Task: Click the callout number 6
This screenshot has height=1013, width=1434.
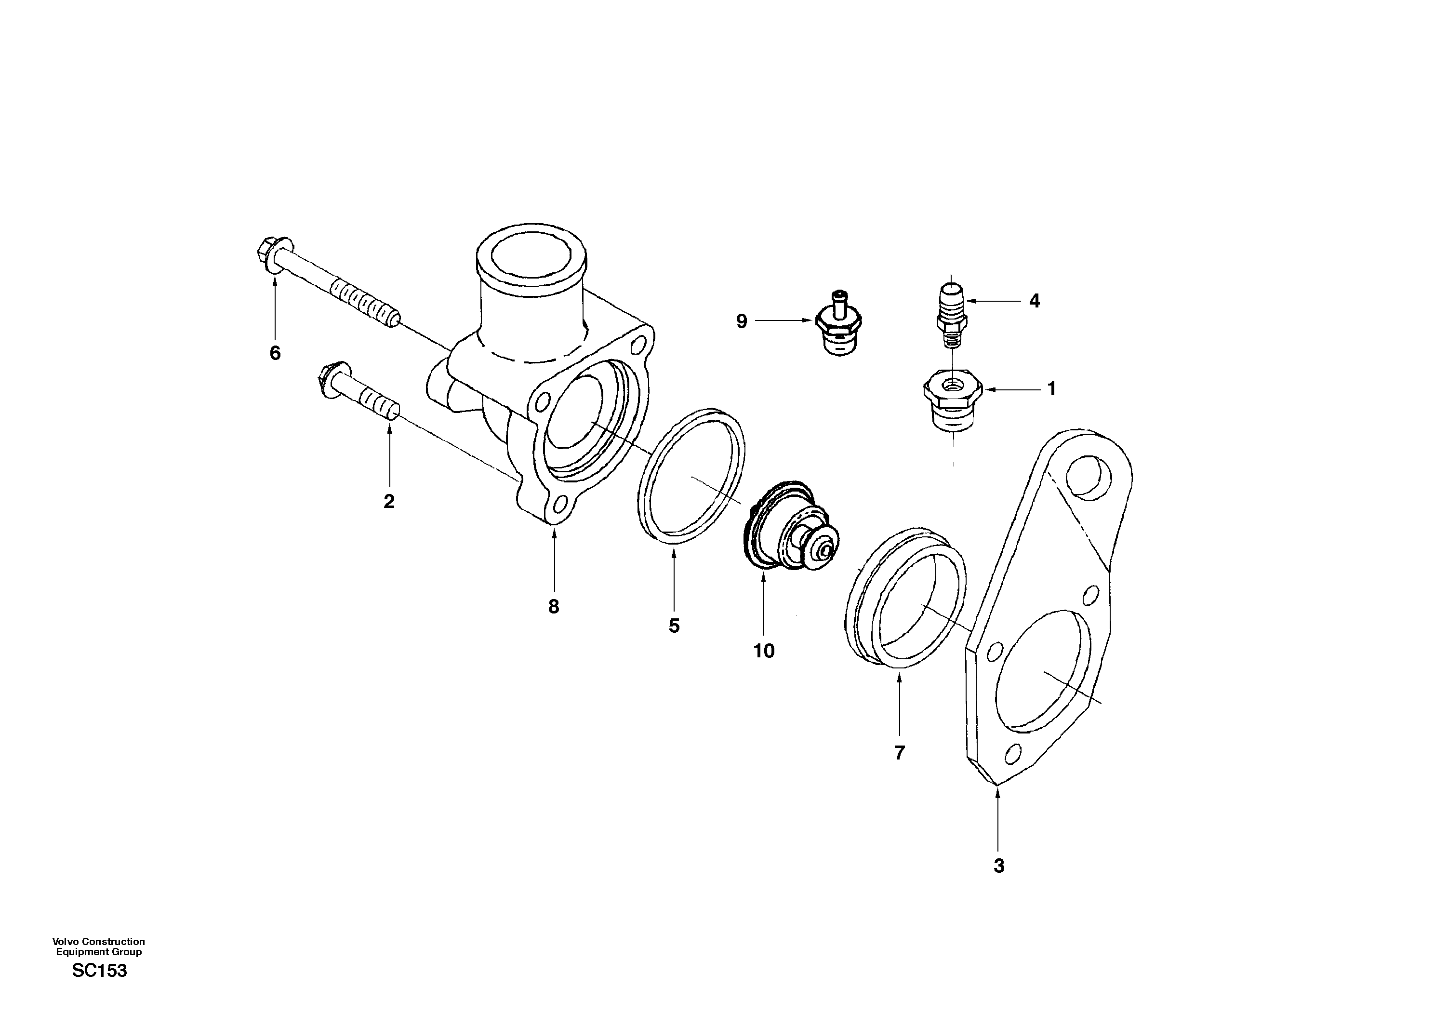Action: coord(275,353)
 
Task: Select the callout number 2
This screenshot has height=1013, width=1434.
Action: coord(389,502)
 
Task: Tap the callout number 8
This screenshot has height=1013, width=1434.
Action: coord(553,606)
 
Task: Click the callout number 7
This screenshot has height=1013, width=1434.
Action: coord(899,753)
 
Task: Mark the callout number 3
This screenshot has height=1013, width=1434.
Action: coord(999,866)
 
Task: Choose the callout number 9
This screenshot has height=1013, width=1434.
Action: coord(742,321)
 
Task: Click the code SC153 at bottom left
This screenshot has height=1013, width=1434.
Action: coord(99,971)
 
